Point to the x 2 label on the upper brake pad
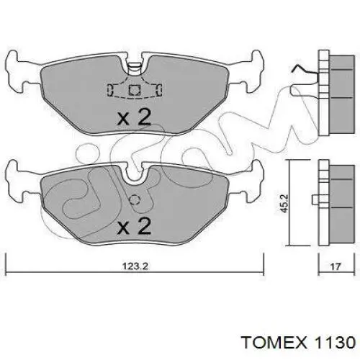coord(134,117)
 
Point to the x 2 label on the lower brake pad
coord(134,228)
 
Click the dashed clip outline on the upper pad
coord(134,90)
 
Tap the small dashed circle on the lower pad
coord(133,200)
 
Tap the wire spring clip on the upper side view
coord(302,72)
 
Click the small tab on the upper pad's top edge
coord(134,68)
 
